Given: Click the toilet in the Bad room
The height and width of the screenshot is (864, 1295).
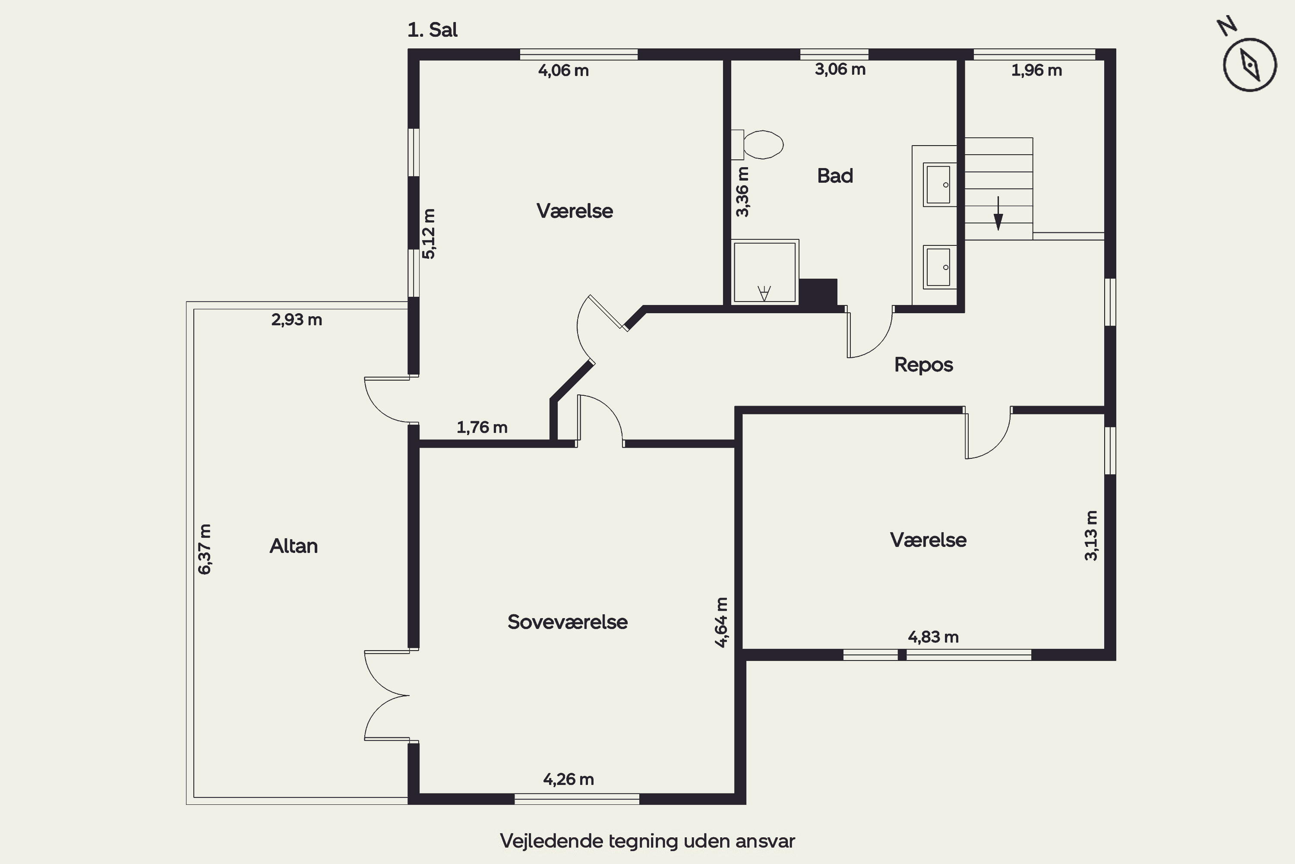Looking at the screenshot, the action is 758,145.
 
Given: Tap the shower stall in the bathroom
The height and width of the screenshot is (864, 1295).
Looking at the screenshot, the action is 765,272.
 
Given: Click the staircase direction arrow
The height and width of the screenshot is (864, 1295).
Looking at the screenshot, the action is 998,213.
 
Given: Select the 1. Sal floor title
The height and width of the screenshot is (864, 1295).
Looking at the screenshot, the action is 432,30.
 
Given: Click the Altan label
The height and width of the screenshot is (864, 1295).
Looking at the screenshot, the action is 294,546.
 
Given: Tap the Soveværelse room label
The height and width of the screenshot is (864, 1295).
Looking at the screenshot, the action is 568,622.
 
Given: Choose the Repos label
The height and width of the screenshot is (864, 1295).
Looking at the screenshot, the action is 923,365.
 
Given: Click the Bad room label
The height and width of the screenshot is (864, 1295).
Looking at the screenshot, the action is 835,176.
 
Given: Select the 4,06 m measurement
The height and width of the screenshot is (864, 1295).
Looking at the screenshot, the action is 563,70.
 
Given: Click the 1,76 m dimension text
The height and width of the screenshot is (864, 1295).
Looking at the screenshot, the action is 482,427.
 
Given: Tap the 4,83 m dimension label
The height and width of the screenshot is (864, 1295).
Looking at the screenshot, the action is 933,637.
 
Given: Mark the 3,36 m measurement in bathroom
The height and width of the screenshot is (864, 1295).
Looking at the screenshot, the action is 742,192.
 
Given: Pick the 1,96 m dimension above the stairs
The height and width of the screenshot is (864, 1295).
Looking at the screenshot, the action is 1036,70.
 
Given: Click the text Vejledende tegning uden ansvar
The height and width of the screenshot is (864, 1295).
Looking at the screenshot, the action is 647,841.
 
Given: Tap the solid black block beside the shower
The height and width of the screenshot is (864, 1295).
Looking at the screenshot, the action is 818,292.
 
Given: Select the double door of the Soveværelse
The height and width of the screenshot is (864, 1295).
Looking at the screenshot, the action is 386,696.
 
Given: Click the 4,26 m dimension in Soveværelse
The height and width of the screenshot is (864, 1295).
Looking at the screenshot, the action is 568,779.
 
